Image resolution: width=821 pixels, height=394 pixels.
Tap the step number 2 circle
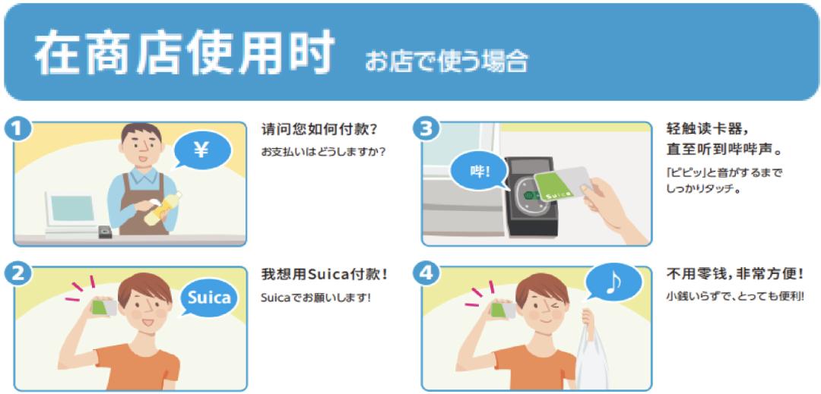click(18, 273)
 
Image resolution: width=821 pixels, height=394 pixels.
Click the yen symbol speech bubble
click(201, 151)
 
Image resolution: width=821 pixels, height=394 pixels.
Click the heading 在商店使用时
click(185, 52)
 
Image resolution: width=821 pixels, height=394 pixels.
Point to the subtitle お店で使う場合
click(446, 61)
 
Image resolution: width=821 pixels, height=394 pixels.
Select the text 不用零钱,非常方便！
click(734, 274)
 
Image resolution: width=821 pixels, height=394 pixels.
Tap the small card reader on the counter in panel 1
click(105, 232)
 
